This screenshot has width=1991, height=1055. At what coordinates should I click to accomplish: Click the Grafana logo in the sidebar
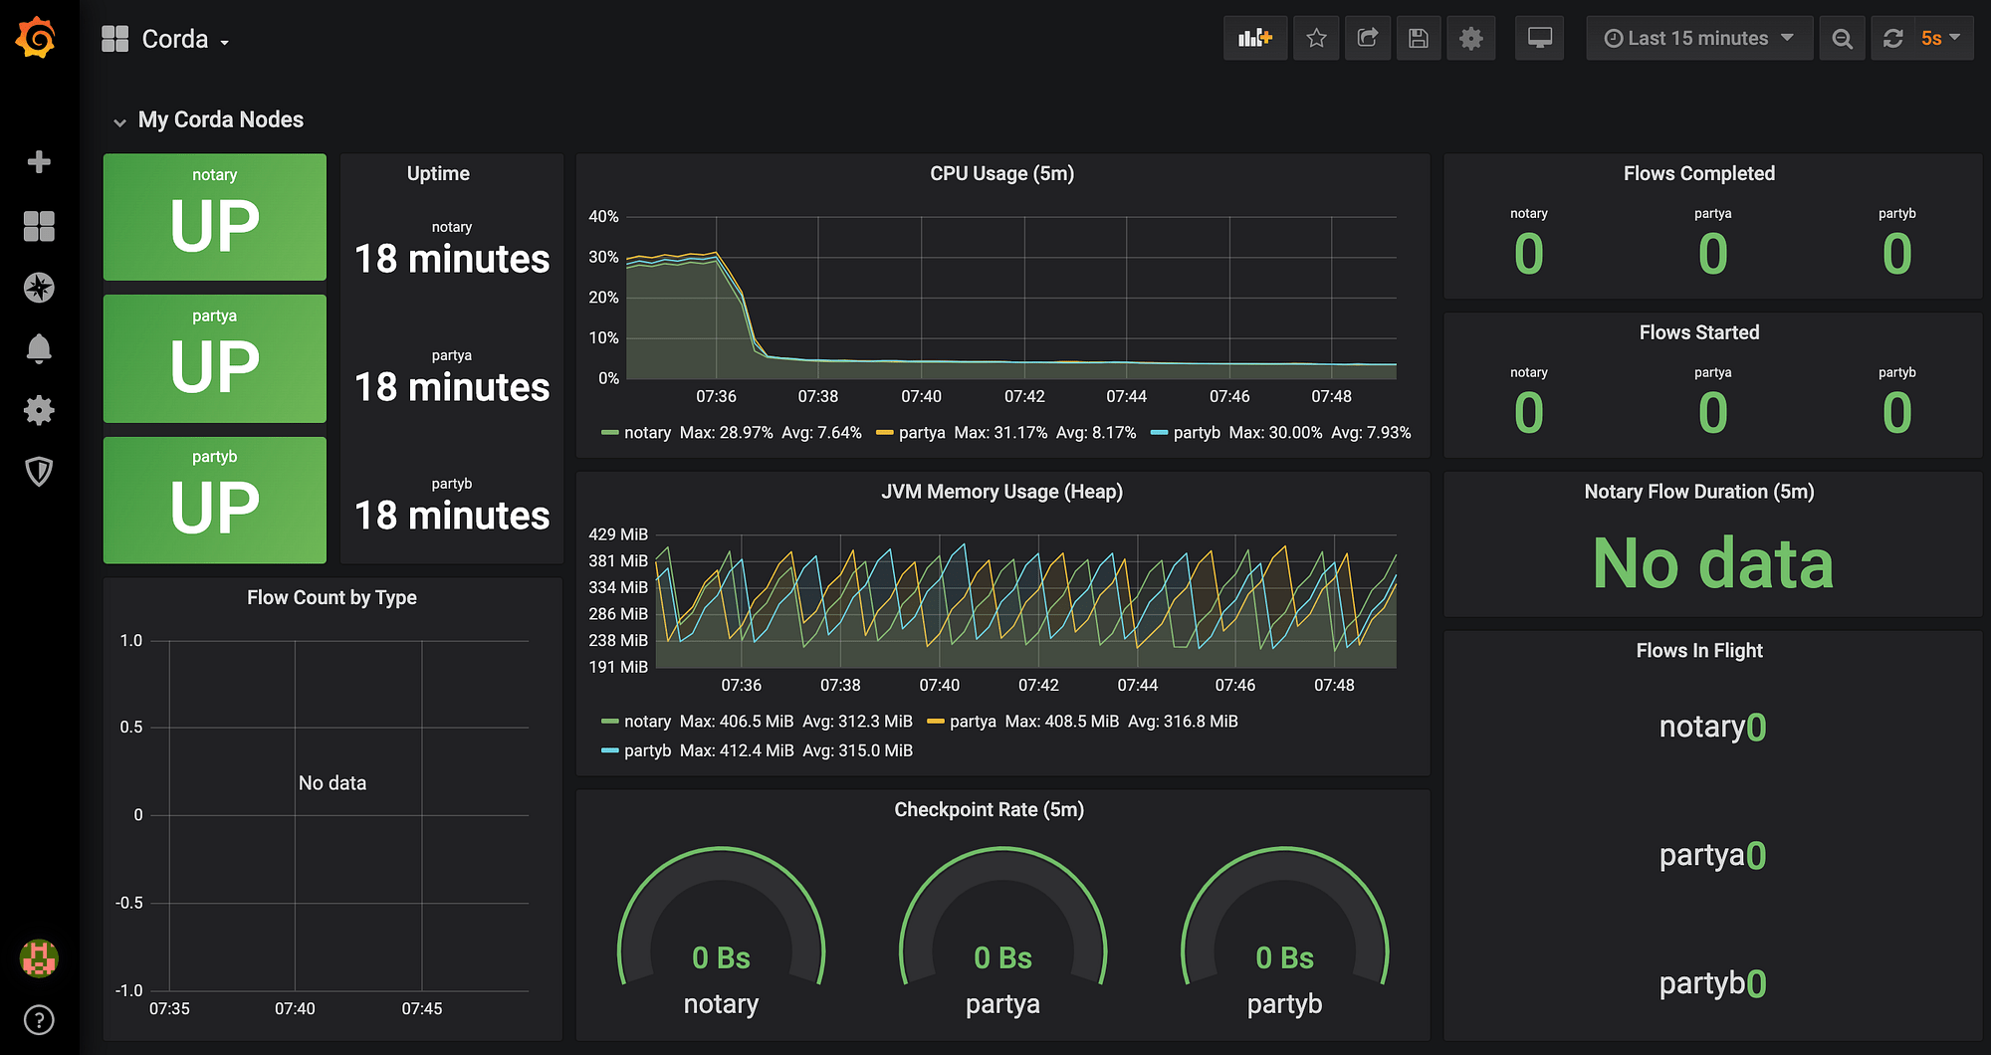coord(37,38)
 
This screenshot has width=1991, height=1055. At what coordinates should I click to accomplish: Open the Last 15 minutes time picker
coord(1699,38)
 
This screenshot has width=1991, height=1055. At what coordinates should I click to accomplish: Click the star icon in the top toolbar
coord(1316,38)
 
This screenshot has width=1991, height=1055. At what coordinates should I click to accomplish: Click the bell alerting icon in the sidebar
coord(39,348)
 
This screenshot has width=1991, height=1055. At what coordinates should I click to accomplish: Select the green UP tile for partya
coord(215,358)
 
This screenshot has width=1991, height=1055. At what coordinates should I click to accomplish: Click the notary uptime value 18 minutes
coord(452,259)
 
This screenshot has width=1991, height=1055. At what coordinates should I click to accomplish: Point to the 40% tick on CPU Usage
coord(603,216)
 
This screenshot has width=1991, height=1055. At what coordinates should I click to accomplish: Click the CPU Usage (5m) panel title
coord(1001,173)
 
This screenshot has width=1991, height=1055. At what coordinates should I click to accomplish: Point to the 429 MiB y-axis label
coord(618,534)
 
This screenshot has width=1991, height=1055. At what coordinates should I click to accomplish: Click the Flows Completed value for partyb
coord(1896,254)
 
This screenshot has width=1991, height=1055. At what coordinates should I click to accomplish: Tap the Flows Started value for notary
coord(1529,413)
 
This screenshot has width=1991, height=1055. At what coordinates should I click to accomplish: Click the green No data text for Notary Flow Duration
coord(1712,563)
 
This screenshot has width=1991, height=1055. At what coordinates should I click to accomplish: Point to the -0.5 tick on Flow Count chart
coord(129,903)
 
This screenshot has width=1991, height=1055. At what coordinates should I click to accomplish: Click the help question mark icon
coord(39,1020)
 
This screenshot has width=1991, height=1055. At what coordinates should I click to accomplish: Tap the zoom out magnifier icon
coord(1843,38)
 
